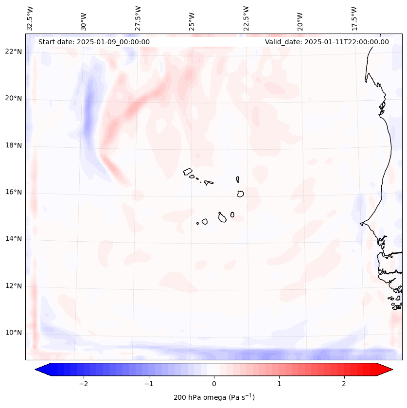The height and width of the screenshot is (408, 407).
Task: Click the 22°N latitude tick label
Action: (14, 52)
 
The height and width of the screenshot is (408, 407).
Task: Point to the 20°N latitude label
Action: (14, 98)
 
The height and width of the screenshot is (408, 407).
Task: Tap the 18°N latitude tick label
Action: (14, 145)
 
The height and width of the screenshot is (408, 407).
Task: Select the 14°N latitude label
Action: (14, 239)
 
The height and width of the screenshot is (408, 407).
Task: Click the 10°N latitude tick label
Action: (14, 333)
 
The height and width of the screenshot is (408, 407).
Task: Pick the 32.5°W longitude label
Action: (30, 18)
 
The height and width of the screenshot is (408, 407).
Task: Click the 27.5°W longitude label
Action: (138, 18)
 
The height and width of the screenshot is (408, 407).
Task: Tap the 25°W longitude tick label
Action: (192, 18)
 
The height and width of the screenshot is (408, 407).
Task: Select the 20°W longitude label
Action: (300, 18)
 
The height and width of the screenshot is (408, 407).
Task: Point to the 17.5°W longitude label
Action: (354, 18)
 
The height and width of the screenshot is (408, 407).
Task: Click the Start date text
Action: (94, 42)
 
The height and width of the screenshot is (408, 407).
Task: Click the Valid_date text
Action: (327, 42)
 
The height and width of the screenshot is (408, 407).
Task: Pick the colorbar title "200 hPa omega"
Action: (214, 397)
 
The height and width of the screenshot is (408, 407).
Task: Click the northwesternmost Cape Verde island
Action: (188, 172)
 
